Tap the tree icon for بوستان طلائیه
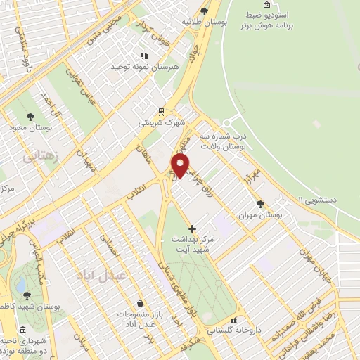coord(205,11)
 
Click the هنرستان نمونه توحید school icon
coord(144,56)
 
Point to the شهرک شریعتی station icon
coord(162,111)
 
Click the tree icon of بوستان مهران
coord(261,204)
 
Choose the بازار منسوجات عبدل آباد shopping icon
coord(140,303)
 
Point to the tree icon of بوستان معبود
coord(30,117)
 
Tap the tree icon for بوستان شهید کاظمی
coord(27,296)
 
